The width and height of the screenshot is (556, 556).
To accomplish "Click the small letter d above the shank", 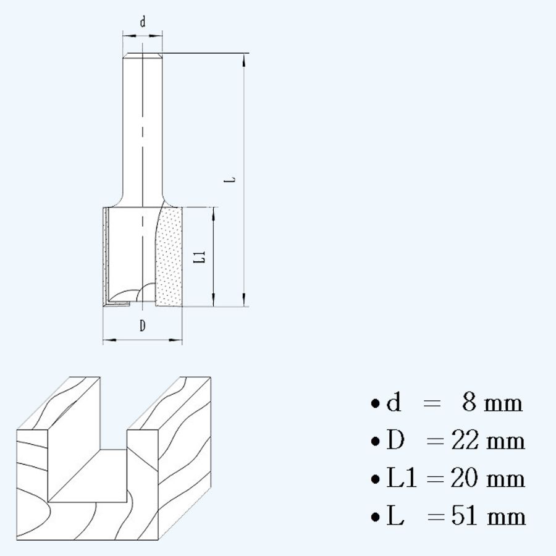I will tap(143, 23).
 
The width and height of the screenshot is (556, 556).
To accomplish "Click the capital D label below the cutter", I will tap(143, 326).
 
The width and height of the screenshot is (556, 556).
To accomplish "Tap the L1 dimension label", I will tap(199, 257).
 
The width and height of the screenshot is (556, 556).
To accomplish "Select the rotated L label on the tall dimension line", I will tap(231, 180).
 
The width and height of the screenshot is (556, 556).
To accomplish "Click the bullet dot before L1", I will tap(375, 479).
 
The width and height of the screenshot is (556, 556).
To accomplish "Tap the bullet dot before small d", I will tap(375, 405).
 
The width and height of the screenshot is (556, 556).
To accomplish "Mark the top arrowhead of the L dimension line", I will tap(245, 59).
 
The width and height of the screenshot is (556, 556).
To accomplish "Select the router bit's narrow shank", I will tap(143, 124).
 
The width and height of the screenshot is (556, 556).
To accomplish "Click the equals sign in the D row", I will tap(435, 442).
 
